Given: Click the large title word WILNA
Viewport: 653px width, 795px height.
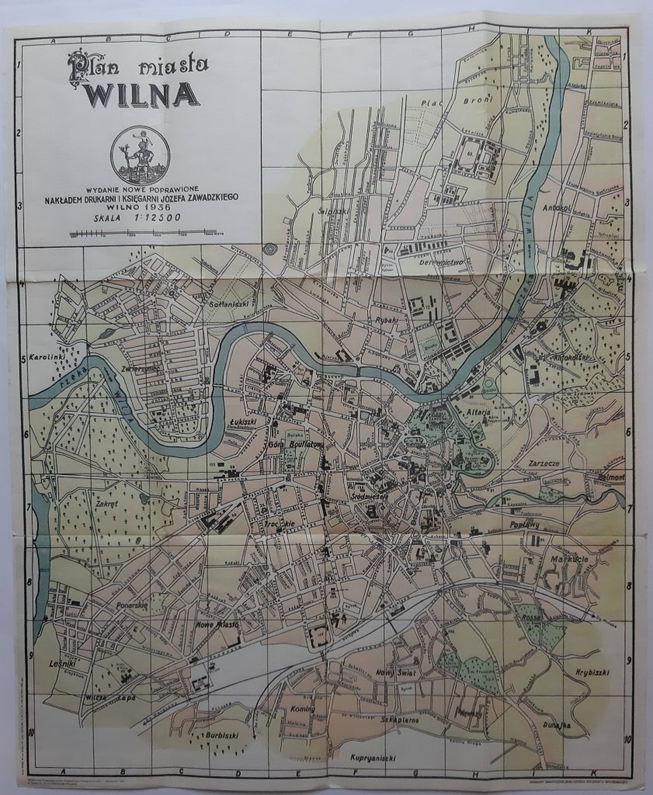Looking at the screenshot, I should (x=142, y=94).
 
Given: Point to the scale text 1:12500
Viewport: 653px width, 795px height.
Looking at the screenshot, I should (x=157, y=218).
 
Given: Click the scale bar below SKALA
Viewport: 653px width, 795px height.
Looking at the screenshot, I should (x=142, y=232).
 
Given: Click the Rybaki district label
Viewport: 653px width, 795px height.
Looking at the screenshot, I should (x=385, y=319).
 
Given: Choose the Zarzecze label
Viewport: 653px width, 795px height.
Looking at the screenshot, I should (x=544, y=462).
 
